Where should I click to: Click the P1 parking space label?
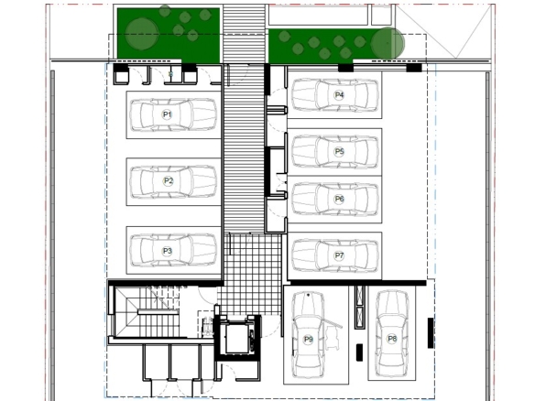point(167,114)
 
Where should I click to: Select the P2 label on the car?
point(169,180)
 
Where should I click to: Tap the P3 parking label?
point(167,251)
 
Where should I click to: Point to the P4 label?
point(339,95)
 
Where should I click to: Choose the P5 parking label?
point(339,151)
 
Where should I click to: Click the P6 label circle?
point(339,199)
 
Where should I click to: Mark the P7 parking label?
point(339,255)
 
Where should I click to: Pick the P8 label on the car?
point(392,339)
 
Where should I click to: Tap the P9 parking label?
point(308,340)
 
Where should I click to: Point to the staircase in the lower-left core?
point(147,312)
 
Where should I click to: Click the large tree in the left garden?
point(142,33)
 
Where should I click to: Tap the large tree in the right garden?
point(388,43)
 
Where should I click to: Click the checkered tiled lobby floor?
point(252,274)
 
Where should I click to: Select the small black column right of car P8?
point(431,333)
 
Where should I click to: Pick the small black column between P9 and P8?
point(359,352)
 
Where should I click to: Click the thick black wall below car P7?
point(357,283)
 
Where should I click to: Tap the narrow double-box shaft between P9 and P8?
point(360,307)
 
